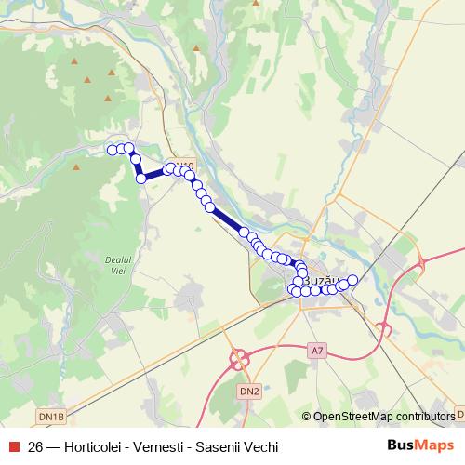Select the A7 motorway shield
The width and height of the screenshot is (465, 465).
point(318,351)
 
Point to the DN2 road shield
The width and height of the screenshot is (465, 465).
point(248,391)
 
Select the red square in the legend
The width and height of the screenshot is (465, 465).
point(14,446)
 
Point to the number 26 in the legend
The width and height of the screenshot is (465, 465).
point(36,446)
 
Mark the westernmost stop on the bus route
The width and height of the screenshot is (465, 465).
point(112,150)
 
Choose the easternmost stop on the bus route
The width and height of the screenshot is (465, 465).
point(352,279)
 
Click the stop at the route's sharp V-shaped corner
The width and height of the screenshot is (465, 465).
point(141,178)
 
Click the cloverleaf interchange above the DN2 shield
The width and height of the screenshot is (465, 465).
point(245,359)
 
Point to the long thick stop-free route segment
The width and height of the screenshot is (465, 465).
point(226,219)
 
